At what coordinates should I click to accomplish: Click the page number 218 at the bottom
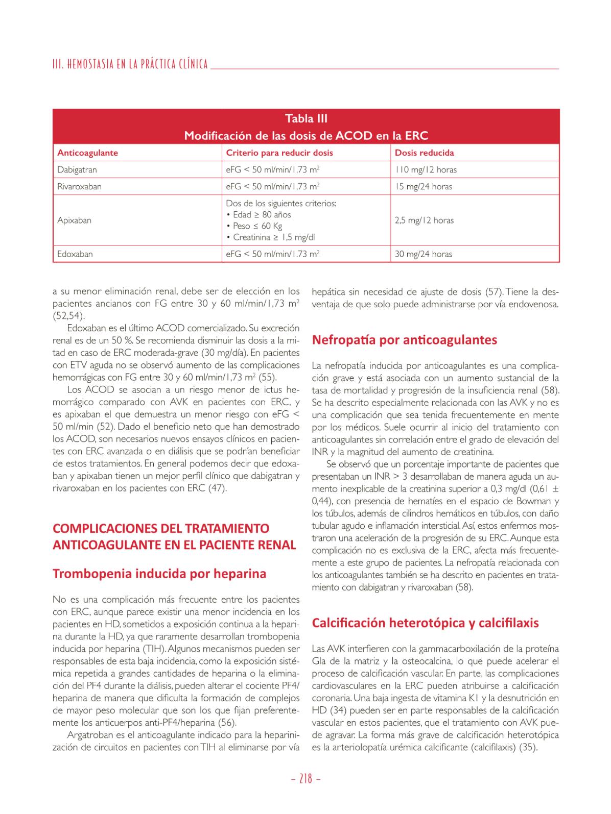pyautogui.click(x=305, y=779)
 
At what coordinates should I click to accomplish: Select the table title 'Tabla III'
pyautogui.click(x=306, y=119)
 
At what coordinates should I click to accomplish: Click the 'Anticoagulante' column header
pyautogui.click(x=87, y=153)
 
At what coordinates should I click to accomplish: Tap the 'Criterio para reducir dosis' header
pyautogui.click(x=279, y=153)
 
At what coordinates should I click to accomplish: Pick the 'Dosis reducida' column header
pyautogui.click(x=424, y=153)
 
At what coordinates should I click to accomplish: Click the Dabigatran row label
pyautogui.click(x=77, y=169)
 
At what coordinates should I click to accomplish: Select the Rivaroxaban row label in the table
pyautogui.click(x=79, y=186)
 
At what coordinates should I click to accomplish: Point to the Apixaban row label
pyautogui.click(x=74, y=220)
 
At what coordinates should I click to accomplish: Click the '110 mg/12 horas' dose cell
pyautogui.click(x=426, y=169)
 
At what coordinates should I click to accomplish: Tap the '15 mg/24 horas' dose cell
pyautogui.click(x=424, y=186)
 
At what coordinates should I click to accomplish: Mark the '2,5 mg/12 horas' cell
pyautogui.click(x=424, y=220)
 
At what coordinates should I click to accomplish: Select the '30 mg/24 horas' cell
pyautogui.click(x=424, y=254)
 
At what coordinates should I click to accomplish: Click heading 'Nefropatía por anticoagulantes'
pyautogui.click(x=404, y=340)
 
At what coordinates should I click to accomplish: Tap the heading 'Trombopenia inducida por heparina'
pyautogui.click(x=159, y=574)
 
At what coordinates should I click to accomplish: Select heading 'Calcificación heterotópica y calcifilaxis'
pyautogui.click(x=425, y=623)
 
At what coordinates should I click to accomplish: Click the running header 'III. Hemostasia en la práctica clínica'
pyautogui.click(x=130, y=64)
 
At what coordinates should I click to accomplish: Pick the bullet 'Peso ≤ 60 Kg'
pyautogui.click(x=257, y=226)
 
